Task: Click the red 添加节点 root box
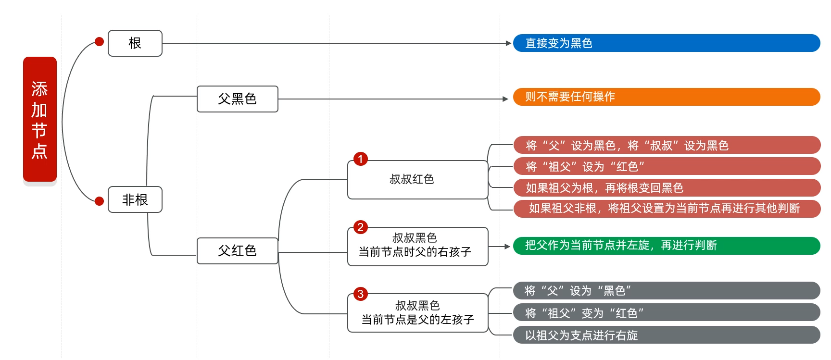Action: (40, 119)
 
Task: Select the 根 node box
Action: (135, 43)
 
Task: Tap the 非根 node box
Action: (135, 199)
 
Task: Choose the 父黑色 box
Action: (238, 99)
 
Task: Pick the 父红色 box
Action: (238, 251)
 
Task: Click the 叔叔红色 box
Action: (417, 180)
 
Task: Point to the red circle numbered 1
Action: (361, 159)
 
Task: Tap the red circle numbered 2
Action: (361, 227)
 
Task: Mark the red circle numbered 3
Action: (361, 294)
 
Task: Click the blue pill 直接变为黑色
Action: (667, 43)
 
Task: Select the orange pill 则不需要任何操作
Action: (667, 97)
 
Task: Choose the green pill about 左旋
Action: (667, 246)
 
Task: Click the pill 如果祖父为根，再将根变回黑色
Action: (667, 187)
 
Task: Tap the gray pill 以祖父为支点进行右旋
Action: (667, 335)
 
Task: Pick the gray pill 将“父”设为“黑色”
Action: (667, 291)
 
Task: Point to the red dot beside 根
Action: (100, 42)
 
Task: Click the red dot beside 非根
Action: (100, 201)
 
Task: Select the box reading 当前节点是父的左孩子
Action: (417, 313)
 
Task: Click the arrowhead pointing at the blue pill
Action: (508, 43)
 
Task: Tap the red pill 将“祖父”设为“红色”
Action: (667, 166)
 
